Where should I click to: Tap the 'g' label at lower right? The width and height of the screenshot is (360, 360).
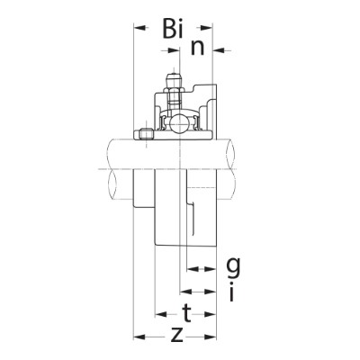pos(233,265)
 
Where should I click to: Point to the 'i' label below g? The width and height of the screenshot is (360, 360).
pos(232,292)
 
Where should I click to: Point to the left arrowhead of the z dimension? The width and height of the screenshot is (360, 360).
pos(139,337)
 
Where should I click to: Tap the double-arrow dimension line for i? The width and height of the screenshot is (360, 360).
pos(196,291)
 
